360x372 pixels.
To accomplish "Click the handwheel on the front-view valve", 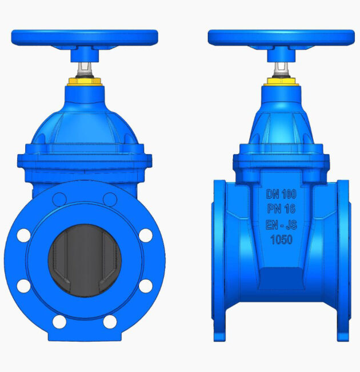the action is coord(85,38).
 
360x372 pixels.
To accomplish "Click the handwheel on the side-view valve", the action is coord(281,38).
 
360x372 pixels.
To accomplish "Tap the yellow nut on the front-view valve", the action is coord(85,82).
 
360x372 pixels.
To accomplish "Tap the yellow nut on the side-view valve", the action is coord(281,82).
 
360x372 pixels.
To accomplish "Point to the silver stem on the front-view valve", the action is coord(85,69).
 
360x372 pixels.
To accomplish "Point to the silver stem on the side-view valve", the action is coord(281,69).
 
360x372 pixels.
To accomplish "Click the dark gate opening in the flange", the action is coord(85,260).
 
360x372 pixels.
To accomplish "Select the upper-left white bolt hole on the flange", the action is coord(24,235).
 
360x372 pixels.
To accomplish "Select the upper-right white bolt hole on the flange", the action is coord(146,235).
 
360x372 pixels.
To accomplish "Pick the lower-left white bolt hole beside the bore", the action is coord(24,286).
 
